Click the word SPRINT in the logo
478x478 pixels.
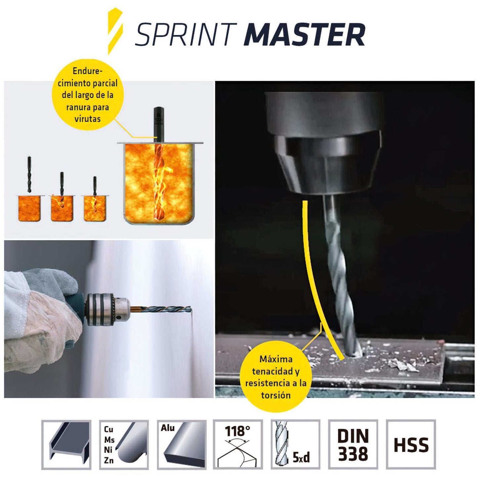pyautogui.click(x=186, y=35)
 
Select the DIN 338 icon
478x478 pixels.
pyautogui.click(x=353, y=445)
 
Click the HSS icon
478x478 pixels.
pyautogui.click(x=411, y=445)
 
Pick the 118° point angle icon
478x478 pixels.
pyautogui.click(x=238, y=445)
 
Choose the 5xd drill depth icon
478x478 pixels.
pyautogui.click(x=295, y=445)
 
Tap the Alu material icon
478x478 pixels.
pyautogui.click(x=182, y=445)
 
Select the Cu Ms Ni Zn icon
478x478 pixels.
pyautogui.click(x=124, y=445)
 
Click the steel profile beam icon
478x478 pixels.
pyautogui.click(x=66, y=445)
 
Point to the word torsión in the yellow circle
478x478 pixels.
pyautogui.click(x=276, y=395)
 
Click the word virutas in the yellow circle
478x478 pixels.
pyautogui.click(x=87, y=119)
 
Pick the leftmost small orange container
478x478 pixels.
pyautogui.click(x=29, y=208)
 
